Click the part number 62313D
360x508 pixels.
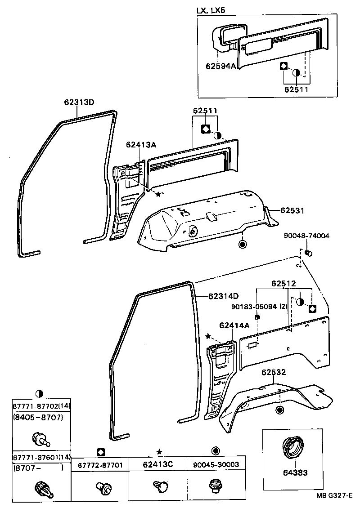coord(79,102)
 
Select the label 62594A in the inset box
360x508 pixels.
coord(221,66)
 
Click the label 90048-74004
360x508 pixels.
coord(306,236)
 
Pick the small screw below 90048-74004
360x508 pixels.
coord(308,254)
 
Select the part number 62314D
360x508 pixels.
coord(223,296)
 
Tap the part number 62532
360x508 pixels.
coord(274,372)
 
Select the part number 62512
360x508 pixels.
coord(283,284)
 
